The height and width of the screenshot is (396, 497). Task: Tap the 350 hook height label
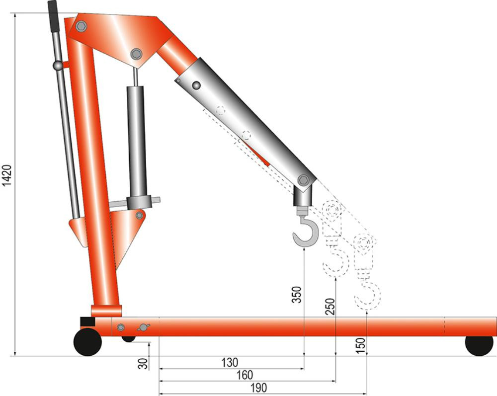point(297,295)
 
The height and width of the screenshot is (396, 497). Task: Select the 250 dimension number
point(331,307)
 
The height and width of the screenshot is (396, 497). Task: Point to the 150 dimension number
point(361,346)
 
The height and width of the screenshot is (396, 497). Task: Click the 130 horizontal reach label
point(229,362)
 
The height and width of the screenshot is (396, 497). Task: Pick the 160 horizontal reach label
point(245,376)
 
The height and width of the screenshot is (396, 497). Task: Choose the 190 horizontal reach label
point(258,388)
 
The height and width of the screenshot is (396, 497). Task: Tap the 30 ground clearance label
point(143,363)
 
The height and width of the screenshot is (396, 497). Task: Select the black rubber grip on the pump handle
point(53,16)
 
